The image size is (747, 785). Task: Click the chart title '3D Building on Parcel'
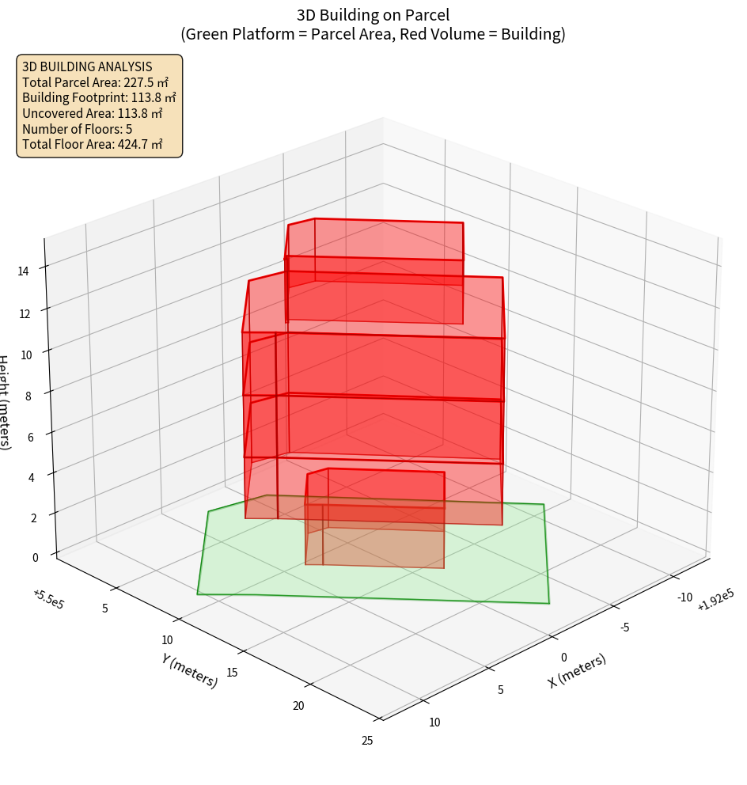373,14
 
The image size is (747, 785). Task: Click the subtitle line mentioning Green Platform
373,34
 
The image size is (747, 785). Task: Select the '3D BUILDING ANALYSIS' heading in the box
87,66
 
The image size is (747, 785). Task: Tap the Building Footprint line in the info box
99,98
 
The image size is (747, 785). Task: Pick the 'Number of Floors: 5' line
78,129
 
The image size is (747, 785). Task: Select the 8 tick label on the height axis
28,396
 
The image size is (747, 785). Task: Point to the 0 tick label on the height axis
35,558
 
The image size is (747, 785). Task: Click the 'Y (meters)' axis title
190,670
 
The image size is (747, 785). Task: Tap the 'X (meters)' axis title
577,670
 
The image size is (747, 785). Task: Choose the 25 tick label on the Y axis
366,741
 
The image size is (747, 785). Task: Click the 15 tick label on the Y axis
233,673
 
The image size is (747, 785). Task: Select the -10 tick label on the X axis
685,597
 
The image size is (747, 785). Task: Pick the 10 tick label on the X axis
434,722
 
